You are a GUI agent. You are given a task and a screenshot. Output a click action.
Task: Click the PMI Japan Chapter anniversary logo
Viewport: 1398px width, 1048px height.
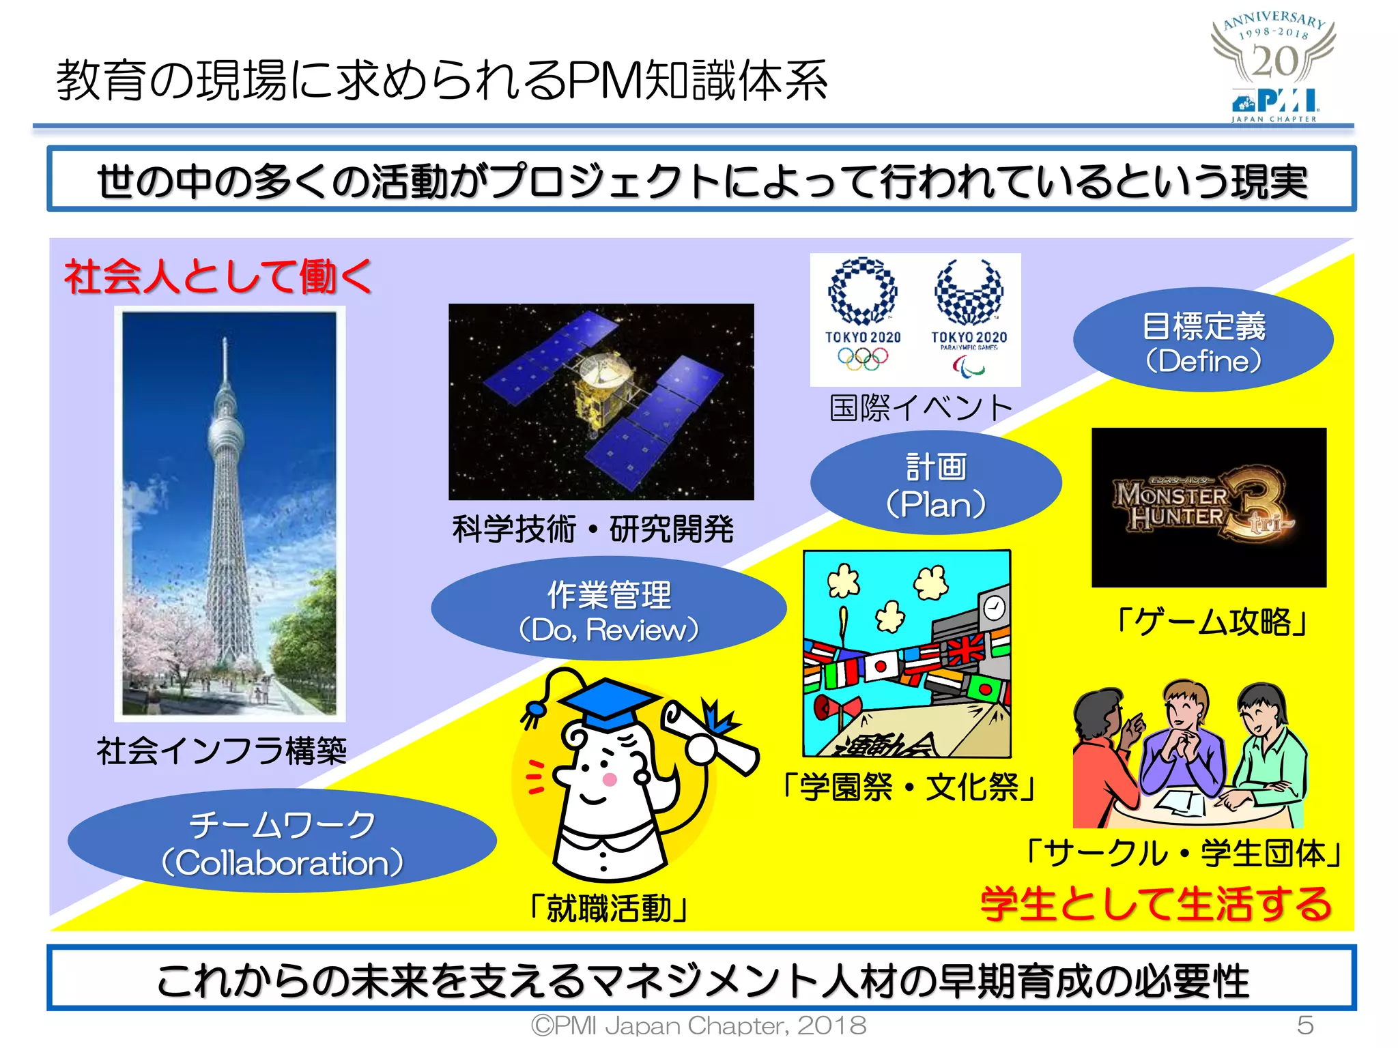coord(1274,68)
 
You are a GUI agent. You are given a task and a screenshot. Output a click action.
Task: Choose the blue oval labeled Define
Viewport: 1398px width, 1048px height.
coord(1203,341)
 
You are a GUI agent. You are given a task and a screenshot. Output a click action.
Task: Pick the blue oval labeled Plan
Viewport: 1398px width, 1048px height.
coord(936,484)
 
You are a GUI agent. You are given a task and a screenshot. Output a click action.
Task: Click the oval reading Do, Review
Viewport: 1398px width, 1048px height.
coord(608,610)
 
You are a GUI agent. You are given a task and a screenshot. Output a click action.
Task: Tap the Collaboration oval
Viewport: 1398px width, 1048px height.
coord(282,842)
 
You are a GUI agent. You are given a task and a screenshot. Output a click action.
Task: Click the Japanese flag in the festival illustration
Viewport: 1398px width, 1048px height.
coord(881,666)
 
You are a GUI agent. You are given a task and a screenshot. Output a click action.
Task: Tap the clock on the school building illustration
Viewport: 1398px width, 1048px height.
coord(994,606)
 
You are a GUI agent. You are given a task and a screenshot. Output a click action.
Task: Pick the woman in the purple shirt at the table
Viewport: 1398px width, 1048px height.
coord(1185,751)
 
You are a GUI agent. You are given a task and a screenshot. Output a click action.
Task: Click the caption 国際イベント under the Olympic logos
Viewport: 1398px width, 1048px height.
coord(921,408)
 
